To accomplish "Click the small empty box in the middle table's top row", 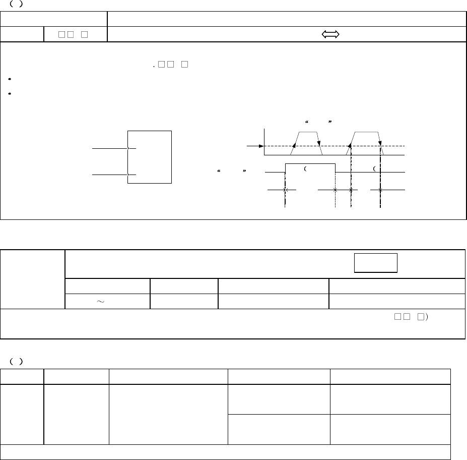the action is click(x=376, y=263).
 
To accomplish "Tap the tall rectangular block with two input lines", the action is click(x=150, y=157).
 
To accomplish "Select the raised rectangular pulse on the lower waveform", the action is click(x=310, y=168).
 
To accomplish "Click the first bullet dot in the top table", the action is click(x=10, y=79).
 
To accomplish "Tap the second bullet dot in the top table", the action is click(x=10, y=93).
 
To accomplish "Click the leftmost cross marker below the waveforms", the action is click(x=285, y=190).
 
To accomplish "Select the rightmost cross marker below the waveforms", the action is click(x=380, y=190).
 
